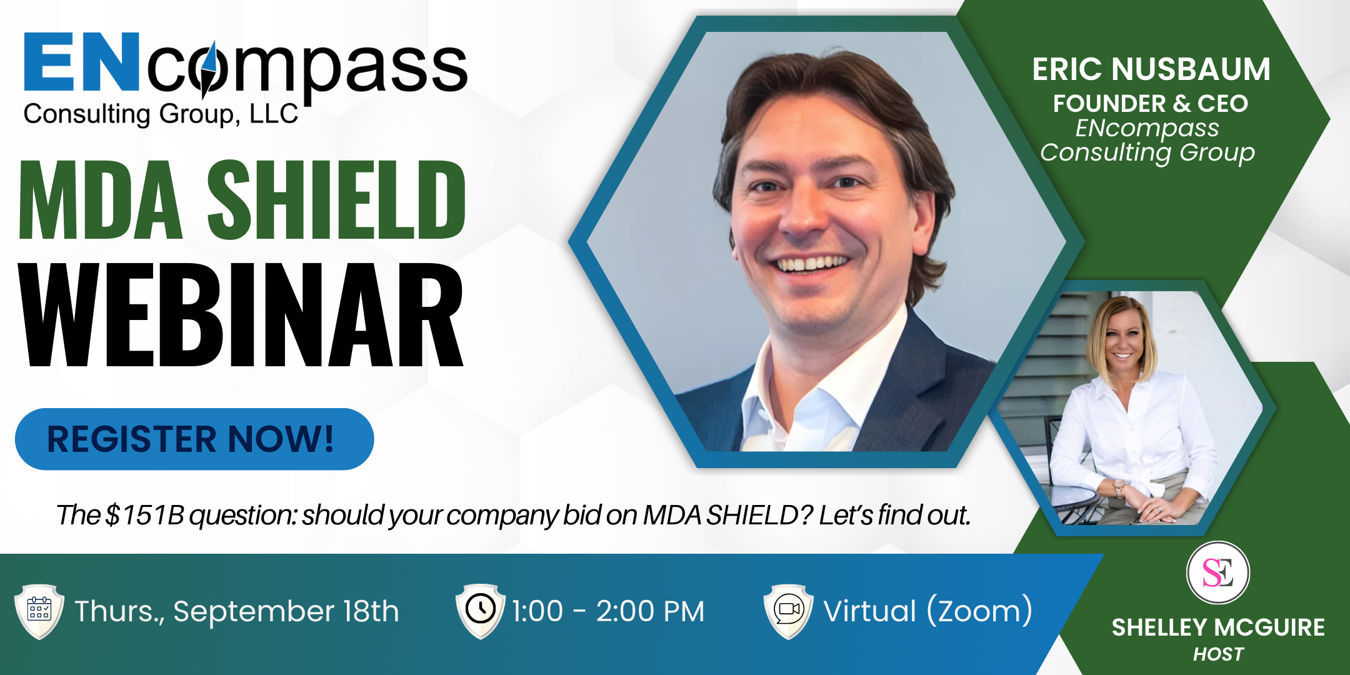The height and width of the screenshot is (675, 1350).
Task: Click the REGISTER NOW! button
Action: (x=194, y=439)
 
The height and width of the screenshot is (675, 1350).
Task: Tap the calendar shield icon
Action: (x=39, y=612)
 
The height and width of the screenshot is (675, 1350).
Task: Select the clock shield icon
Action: (x=480, y=611)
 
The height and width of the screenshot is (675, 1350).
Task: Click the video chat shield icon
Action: (x=789, y=611)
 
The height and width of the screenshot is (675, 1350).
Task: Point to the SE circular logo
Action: (x=1218, y=572)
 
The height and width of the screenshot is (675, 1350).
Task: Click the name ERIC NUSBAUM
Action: (x=1151, y=69)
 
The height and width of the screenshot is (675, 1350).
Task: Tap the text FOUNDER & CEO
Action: (x=1151, y=104)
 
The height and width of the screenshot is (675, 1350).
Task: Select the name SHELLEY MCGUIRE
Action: (x=1218, y=627)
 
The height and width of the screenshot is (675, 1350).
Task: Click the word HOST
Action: (x=1218, y=654)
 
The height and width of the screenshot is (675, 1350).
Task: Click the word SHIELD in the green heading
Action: (x=336, y=200)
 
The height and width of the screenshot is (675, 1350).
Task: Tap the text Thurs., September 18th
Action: (x=237, y=611)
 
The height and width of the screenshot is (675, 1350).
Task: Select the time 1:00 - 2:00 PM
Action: (x=608, y=611)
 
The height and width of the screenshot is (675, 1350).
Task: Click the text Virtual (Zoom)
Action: (x=928, y=611)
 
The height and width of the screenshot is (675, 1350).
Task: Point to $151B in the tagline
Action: (x=145, y=515)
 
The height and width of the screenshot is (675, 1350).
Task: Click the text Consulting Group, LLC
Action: (x=161, y=114)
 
